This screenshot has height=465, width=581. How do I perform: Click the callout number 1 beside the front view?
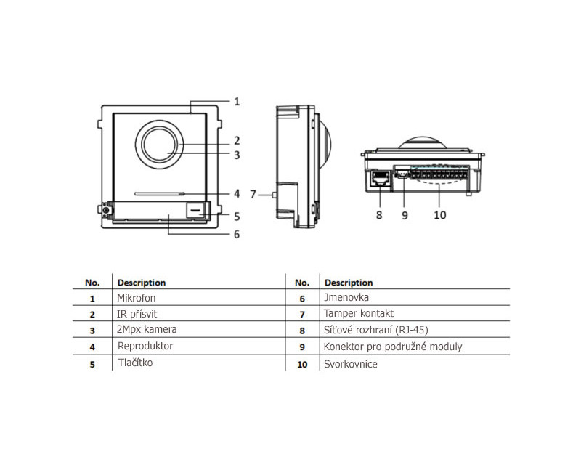pos(237,102)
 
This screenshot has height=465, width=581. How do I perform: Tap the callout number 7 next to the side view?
pos(253,194)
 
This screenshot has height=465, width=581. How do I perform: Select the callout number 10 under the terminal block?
pos(440,215)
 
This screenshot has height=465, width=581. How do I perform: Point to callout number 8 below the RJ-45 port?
pos(378,215)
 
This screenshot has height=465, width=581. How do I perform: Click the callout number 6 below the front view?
pos(237,234)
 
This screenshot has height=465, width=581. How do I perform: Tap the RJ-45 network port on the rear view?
pos(378,177)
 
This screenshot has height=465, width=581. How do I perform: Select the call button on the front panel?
pos(196,211)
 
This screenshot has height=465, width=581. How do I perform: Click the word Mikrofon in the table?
pos(137,298)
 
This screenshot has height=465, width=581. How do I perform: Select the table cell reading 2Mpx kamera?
pos(147,330)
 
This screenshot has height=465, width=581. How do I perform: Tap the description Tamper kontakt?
pos(359,314)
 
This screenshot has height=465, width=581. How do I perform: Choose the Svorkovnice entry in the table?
pos(350,363)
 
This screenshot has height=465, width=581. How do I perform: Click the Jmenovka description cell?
pos(346,298)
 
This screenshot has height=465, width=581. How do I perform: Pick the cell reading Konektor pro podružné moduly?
pos(392,347)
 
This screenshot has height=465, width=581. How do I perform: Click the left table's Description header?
pos(142,282)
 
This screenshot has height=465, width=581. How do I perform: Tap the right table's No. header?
pos(302,282)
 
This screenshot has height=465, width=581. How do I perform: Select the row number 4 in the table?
pos(92,347)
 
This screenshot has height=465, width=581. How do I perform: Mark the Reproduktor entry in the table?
pos(145,346)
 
